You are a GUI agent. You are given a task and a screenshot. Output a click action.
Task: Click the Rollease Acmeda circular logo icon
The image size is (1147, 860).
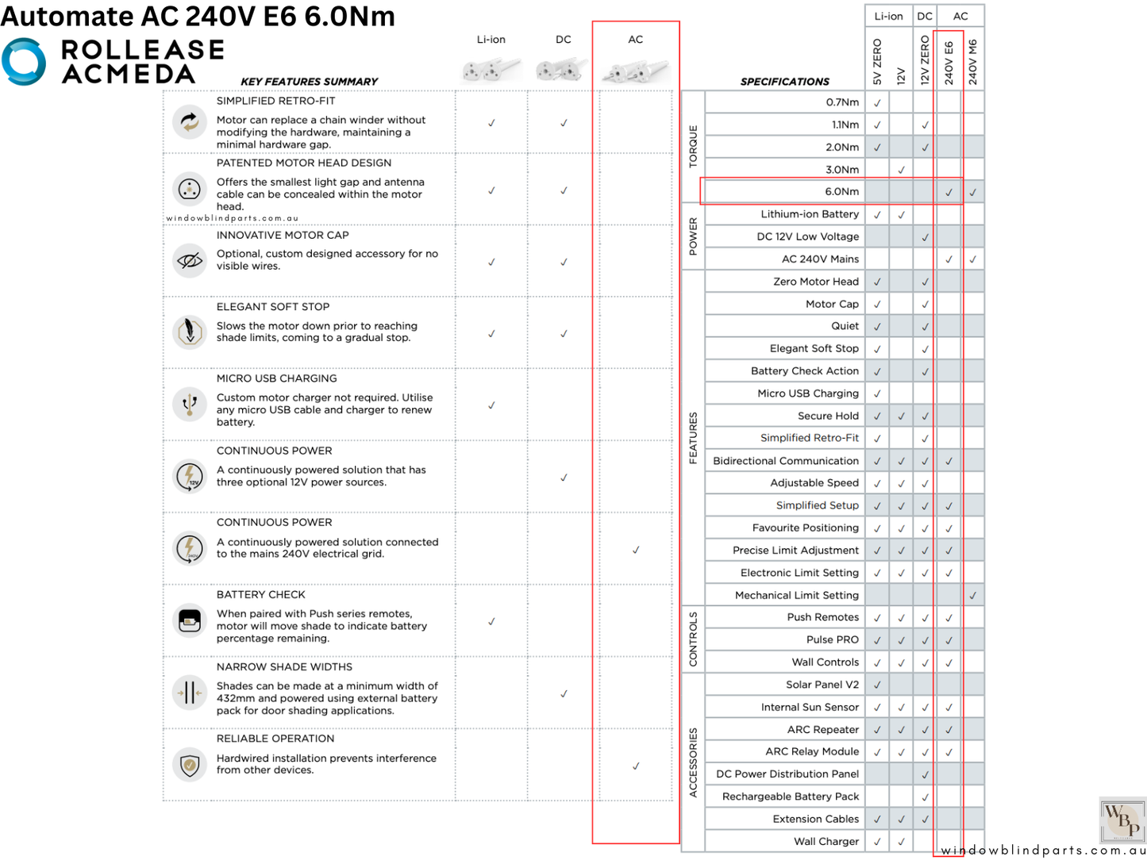(x=24, y=61)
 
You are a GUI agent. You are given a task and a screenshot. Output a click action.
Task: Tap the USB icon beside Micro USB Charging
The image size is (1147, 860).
(x=189, y=405)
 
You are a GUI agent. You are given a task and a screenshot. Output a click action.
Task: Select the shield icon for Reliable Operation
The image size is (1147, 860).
(x=189, y=765)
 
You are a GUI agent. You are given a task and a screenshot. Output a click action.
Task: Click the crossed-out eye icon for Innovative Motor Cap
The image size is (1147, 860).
(x=189, y=260)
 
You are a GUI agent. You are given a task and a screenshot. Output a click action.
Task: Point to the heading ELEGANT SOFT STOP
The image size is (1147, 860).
(x=273, y=307)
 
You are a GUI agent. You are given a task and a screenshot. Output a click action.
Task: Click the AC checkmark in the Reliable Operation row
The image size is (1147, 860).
(x=636, y=766)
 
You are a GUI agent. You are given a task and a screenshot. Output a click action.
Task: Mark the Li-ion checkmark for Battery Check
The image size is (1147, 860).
(x=491, y=622)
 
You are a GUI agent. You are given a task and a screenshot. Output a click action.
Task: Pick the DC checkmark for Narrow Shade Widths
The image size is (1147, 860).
(x=564, y=694)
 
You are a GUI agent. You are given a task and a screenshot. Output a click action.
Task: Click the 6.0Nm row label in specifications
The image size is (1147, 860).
(x=841, y=192)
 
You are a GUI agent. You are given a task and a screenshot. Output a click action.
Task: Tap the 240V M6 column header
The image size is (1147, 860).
(x=973, y=62)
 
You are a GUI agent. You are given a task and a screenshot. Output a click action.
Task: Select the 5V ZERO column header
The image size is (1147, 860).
(x=877, y=62)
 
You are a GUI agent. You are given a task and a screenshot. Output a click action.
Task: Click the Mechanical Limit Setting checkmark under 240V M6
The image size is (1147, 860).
(x=972, y=595)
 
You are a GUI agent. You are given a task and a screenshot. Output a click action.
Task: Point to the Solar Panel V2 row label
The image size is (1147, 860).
(x=822, y=685)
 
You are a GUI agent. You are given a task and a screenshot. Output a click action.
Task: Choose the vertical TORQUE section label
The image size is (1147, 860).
(x=693, y=146)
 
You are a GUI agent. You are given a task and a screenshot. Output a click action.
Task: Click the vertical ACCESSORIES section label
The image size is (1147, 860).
(x=693, y=762)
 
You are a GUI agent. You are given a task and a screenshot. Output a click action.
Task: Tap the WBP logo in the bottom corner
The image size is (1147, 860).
(x=1122, y=820)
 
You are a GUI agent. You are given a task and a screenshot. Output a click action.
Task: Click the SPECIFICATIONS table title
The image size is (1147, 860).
(x=784, y=82)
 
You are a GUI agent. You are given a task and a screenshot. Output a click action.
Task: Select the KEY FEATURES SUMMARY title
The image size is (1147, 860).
(x=309, y=82)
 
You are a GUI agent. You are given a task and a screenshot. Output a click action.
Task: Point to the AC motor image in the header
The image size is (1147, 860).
(x=636, y=71)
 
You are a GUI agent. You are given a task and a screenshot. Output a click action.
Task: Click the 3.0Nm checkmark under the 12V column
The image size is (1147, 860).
(x=901, y=170)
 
